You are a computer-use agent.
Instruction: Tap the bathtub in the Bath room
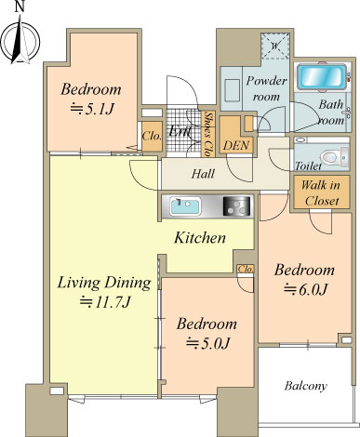pyautogui.click(x=322, y=77)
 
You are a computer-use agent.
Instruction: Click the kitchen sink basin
pyautogui.click(x=185, y=206)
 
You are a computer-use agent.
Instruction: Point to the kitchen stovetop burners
pyautogui.click(x=236, y=205)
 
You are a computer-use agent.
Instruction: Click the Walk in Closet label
pyautogui.click(x=321, y=192)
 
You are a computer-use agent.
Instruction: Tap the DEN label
pyautogui.click(x=236, y=145)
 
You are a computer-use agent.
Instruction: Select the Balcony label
pyautogui.click(x=306, y=386)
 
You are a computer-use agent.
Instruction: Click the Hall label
pyautogui.click(x=203, y=174)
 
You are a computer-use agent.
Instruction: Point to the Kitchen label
pyautogui.click(x=200, y=238)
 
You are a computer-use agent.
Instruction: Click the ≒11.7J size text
pyautogui.click(x=105, y=302)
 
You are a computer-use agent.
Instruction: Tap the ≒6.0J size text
pyautogui.click(x=305, y=290)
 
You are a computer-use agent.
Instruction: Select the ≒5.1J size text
pyautogui.click(x=92, y=109)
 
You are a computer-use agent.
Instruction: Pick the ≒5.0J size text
pyautogui.click(x=207, y=343)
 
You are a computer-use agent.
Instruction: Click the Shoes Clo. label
pyautogui.click(x=208, y=134)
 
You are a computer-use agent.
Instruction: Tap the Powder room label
pyautogui.click(x=266, y=88)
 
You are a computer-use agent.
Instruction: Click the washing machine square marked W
pyautogui.click(x=274, y=46)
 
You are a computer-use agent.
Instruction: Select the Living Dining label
pyautogui.click(x=104, y=283)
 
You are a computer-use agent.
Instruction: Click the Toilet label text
pyautogui.click(x=308, y=166)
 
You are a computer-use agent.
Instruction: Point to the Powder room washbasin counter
pyautogui.click(x=233, y=90)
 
